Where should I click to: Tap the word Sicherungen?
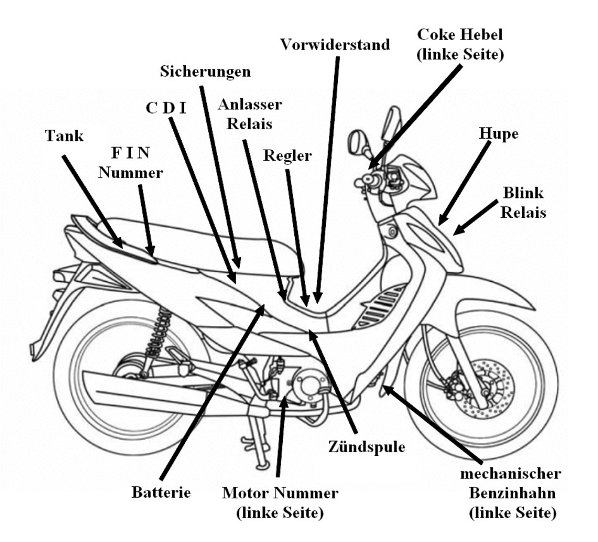pyautogui.click(x=205, y=71)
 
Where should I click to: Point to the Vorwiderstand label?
pyautogui.click(x=335, y=44)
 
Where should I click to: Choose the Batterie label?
pyautogui.click(x=161, y=493)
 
